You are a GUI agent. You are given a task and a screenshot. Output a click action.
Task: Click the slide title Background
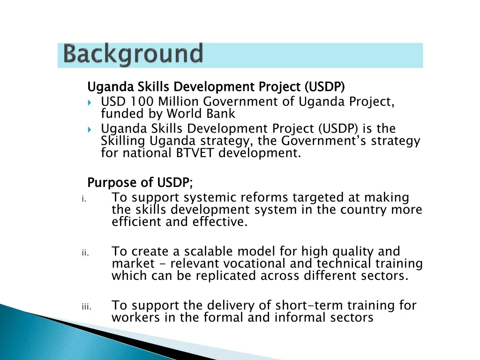pyautogui.click(x=134, y=54)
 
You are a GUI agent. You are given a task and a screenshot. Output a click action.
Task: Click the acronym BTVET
pyautogui.click(x=195, y=153)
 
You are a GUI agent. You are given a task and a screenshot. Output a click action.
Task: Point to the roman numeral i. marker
pyautogui.click(x=83, y=199)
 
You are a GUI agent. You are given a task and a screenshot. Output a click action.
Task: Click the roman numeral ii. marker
pyautogui.click(x=84, y=253)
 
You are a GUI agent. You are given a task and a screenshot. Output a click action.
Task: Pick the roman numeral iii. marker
pyautogui.click(x=85, y=307)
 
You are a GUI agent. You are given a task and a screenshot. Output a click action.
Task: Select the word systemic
pyautogui.click(x=207, y=198)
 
